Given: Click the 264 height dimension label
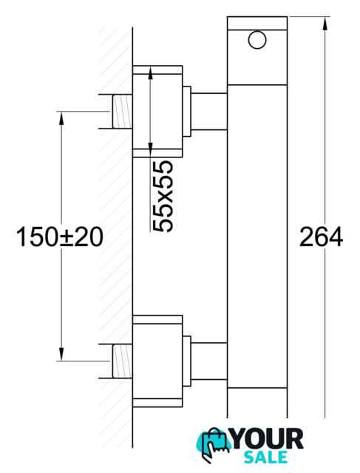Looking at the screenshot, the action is pyautogui.click(x=321, y=236).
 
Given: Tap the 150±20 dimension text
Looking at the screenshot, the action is pyautogui.click(x=59, y=236).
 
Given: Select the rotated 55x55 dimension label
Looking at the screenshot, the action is pyautogui.click(x=163, y=197).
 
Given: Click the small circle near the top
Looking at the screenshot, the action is pyautogui.click(x=257, y=41).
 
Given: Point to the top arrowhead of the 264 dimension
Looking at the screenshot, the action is pyautogui.click(x=325, y=23).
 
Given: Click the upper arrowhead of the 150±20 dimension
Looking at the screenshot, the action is pyautogui.click(x=61, y=118).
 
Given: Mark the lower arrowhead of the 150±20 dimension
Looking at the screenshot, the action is pyautogui.click(x=61, y=354).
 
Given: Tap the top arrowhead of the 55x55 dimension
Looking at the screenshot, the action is pyautogui.click(x=150, y=72).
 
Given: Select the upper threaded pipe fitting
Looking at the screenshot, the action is pyautogui.click(x=122, y=112).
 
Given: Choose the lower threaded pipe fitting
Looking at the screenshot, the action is pyautogui.click(x=122, y=361).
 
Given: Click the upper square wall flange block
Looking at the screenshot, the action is pyautogui.click(x=157, y=112).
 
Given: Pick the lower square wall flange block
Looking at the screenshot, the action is pyautogui.click(x=157, y=361).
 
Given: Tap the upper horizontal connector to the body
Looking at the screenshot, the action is pyautogui.click(x=209, y=112).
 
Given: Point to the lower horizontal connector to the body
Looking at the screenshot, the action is pyautogui.click(x=209, y=361).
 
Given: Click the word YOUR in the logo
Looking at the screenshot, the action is pyautogui.click(x=267, y=439).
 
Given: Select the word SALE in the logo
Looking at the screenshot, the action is pyautogui.click(x=266, y=457).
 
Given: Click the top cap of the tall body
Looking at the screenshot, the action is pyautogui.click(x=257, y=23).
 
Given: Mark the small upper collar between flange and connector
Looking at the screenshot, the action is pyautogui.click(x=187, y=112).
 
